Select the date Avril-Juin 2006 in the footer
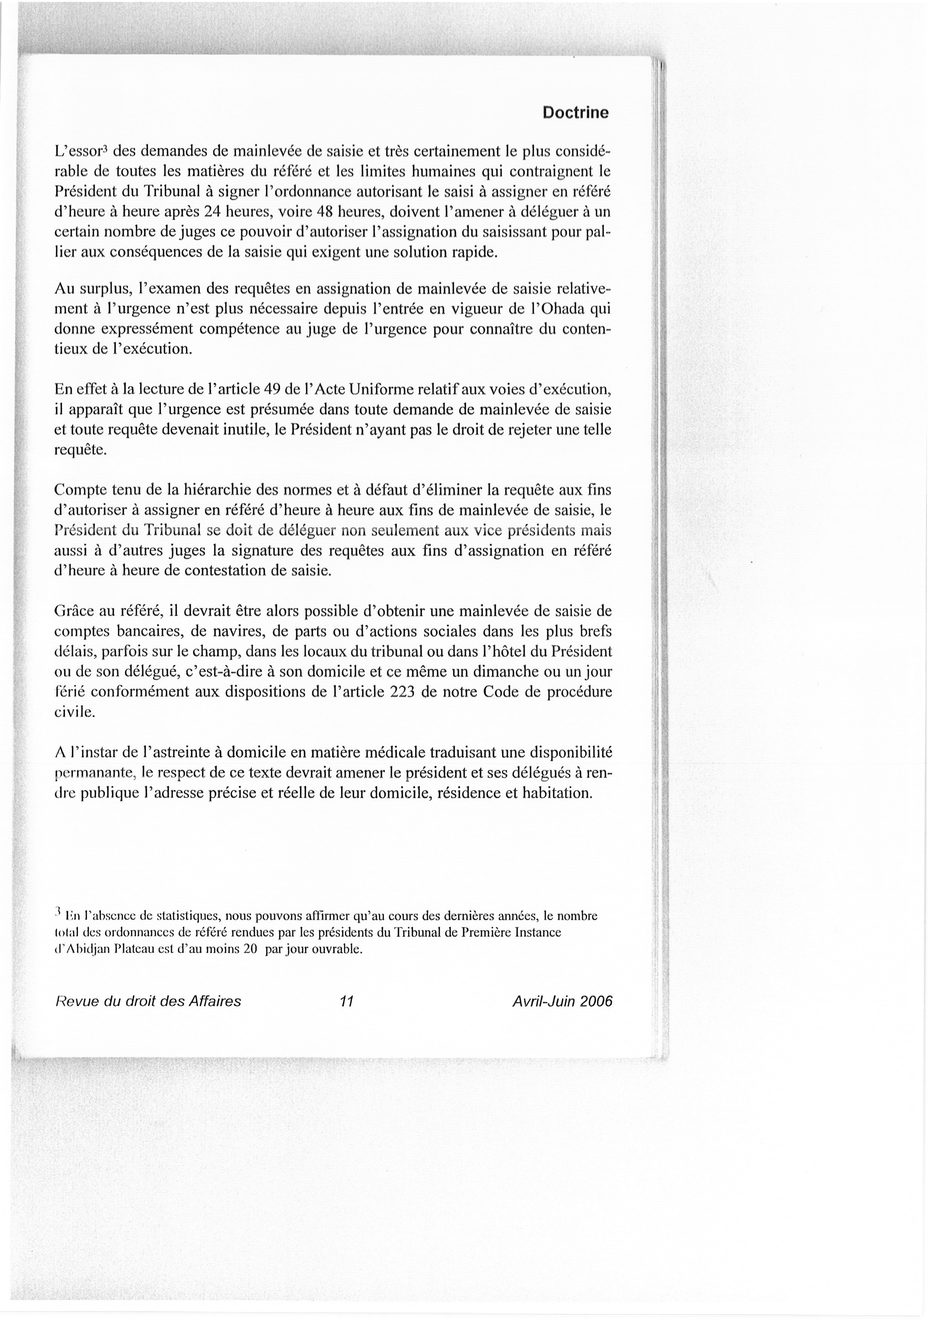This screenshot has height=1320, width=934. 562,1001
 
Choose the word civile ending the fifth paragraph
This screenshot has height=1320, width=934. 73,712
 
